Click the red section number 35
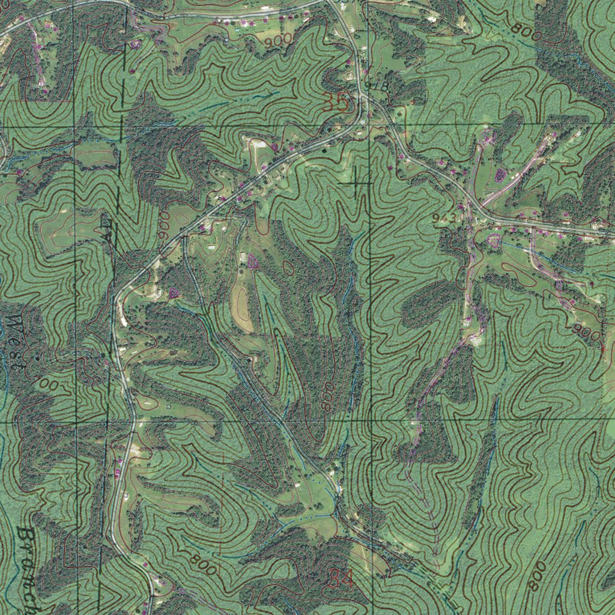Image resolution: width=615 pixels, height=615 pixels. point(335,103)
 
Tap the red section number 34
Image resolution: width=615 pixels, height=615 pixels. point(341,580)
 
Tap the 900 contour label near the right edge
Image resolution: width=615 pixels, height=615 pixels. point(586,332)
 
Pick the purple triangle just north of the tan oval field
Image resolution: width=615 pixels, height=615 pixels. point(252,261)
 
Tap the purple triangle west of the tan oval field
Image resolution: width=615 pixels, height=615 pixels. point(174,294)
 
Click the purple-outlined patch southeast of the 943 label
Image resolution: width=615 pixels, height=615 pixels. point(494,241)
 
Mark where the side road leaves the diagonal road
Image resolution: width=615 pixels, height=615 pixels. point(184,235)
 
